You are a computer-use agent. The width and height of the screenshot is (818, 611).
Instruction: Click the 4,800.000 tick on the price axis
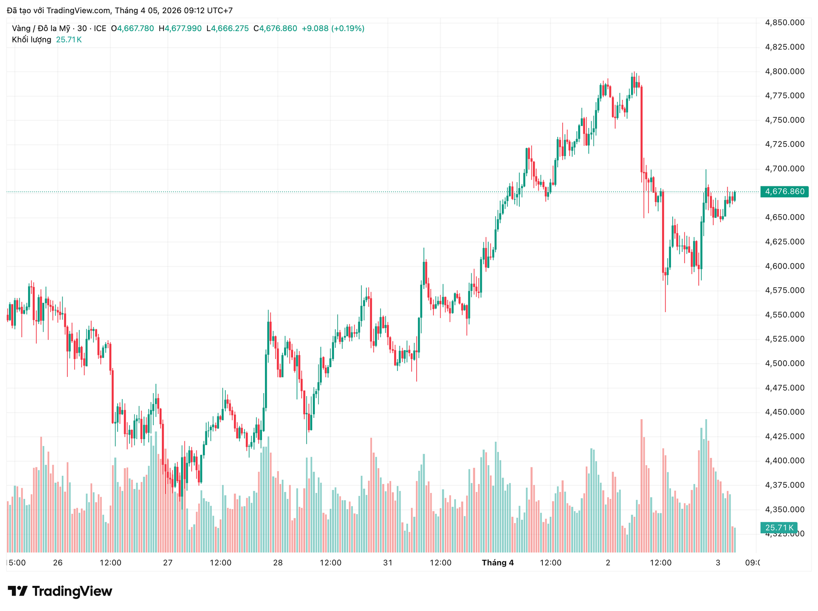click(x=785, y=71)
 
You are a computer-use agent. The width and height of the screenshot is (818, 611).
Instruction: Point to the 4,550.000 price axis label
click(x=785, y=315)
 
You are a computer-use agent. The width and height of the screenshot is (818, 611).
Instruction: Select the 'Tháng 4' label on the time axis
click(x=498, y=563)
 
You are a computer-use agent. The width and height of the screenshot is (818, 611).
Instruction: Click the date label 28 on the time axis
click(x=278, y=563)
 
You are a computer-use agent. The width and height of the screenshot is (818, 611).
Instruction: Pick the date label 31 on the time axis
click(x=388, y=563)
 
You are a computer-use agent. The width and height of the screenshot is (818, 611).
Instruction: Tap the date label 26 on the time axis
click(x=58, y=563)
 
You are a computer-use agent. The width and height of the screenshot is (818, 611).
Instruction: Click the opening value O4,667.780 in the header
click(x=132, y=29)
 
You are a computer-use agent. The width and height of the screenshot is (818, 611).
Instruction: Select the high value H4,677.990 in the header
click(x=180, y=29)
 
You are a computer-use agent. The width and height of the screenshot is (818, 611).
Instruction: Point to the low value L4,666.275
click(x=228, y=29)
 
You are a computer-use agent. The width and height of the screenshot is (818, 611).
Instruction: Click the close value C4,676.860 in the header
click(x=275, y=29)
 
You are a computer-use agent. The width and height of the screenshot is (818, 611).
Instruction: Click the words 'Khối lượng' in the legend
click(x=32, y=40)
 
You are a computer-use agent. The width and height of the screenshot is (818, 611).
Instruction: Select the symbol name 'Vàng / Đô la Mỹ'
click(x=41, y=29)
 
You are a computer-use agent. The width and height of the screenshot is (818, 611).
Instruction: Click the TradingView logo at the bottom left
click(x=60, y=591)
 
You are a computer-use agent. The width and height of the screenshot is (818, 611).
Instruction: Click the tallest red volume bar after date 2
click(x=642, y=486)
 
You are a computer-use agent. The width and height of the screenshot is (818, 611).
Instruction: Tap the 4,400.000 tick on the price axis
click(x=785, y=460)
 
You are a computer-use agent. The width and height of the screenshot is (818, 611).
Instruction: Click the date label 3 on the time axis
click(x=718, y=563)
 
